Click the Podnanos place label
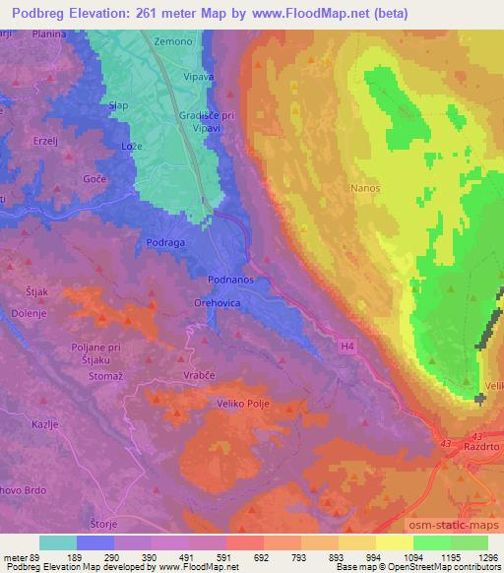click(x=233, y=280)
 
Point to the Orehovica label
click(x=219, y=303)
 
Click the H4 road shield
click(x=347, y=346)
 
